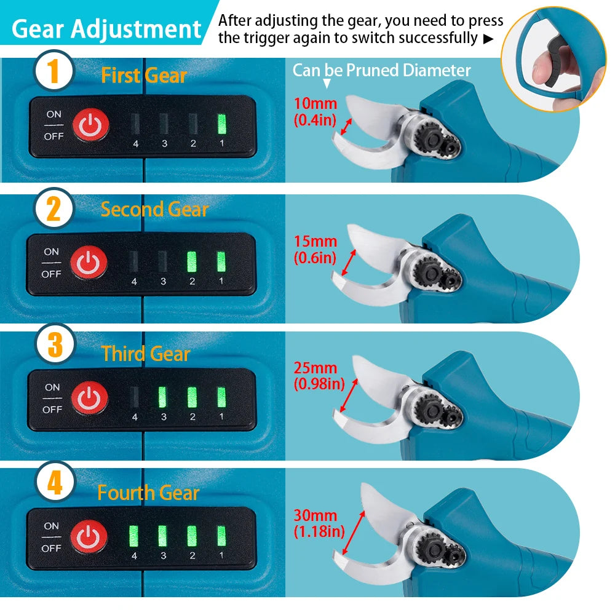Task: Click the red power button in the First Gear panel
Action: click(x=90, y=125)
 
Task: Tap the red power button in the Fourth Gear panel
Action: click(x=89, y=537)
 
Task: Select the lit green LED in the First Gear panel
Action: click(x=222, y=124)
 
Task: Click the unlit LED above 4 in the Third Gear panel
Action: click(x=135, y=397)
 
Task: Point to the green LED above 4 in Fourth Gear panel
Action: click(x=133, y=536)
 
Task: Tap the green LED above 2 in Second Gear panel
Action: click(x=192, y=261)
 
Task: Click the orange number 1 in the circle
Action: click(x=54, y=71)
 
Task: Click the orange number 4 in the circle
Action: click(x=55, y=483)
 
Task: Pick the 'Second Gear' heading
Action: click(x=154, y=209)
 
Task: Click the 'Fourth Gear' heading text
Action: click(x=148, y=493)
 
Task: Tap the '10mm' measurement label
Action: click(x=315, y=103)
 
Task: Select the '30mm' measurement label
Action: click(x=315, y=515)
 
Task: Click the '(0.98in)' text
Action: click(x=319, y=384)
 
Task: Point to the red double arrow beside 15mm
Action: click(x=348, y=263)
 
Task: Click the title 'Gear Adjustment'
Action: click(x=106, y=29)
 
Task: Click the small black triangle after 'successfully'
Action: click(x=488, y=39)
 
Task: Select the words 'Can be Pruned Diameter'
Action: click(x=382, y=71)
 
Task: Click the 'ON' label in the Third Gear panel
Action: click(x=52, y=387)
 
